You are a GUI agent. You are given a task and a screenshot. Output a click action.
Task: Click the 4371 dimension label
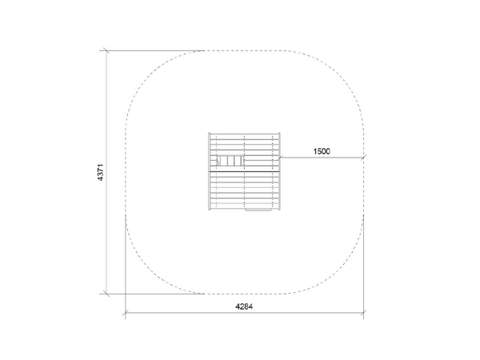coord(101,172)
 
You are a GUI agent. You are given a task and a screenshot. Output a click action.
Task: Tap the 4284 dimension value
coord(244,306)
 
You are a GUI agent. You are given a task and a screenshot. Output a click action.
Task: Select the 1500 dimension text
coord(322,151)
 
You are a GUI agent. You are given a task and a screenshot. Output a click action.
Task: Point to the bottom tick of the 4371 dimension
coord(106,294)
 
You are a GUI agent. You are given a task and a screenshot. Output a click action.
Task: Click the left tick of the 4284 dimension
coord(126,313)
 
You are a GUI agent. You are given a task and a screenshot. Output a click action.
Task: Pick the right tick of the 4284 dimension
coord(363,313)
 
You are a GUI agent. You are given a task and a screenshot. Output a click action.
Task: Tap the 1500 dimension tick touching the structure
coord(280,158)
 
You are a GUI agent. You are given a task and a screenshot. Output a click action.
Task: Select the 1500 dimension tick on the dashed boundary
coord(363,158)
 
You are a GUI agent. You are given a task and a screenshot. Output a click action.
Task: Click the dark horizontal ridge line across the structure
coord(244,171)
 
